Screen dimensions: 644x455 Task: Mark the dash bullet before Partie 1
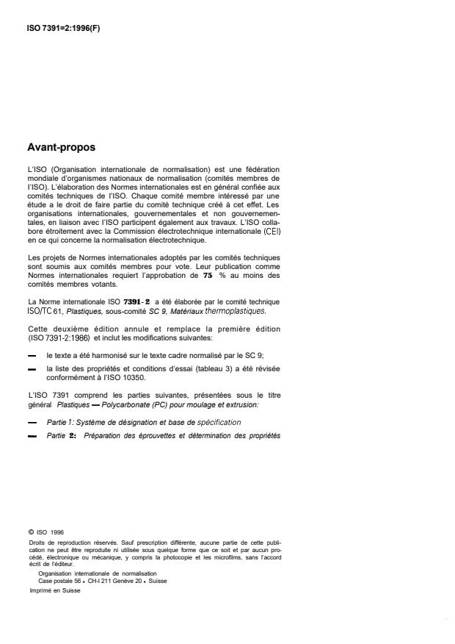pos(32,423)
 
